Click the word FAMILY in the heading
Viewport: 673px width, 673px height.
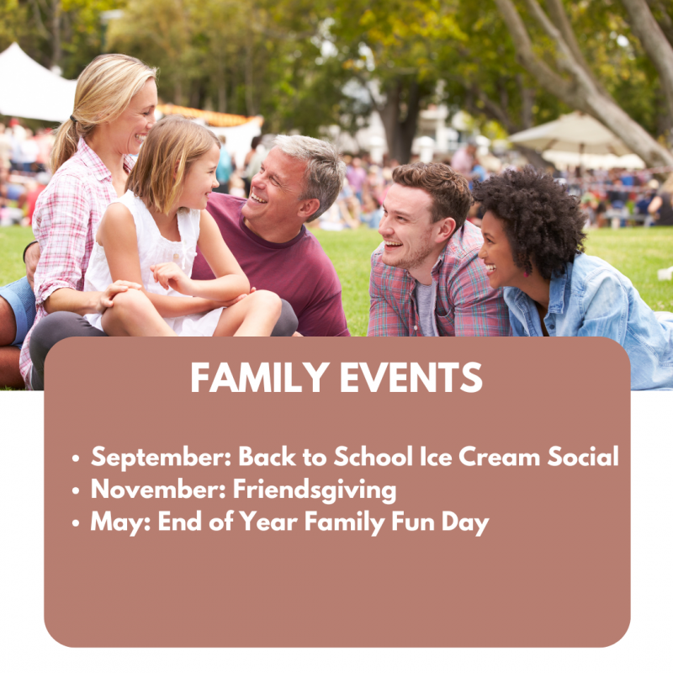(260, 377)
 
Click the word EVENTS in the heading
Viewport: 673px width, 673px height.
(411, 377)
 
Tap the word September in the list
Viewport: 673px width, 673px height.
(162, 458)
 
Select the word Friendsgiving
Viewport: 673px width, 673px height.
(314, 490)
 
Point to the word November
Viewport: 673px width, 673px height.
(158, 489)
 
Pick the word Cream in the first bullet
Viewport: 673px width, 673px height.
(499, 456)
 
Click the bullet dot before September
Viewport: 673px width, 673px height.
(76, 458)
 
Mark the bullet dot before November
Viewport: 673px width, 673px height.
(76, 490)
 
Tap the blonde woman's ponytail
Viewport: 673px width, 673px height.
(65, 144)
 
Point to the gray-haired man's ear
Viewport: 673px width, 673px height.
(309, 207)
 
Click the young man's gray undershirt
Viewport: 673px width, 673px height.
(427, 307)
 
